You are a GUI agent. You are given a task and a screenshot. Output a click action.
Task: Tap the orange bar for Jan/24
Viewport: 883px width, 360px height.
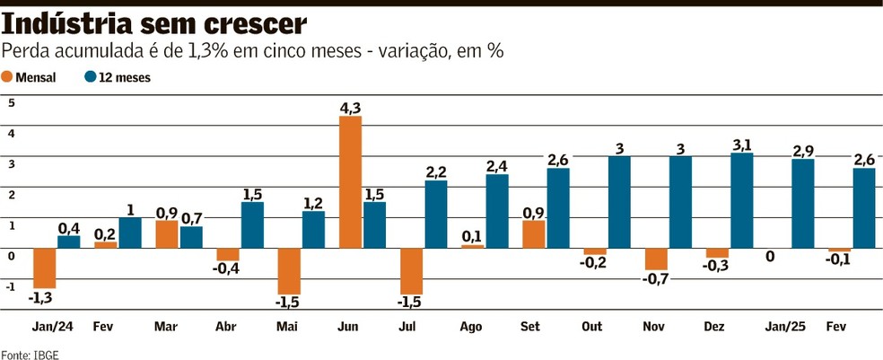coord(45,268)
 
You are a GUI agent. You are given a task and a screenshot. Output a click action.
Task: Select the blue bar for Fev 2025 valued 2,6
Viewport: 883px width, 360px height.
coord(863,207)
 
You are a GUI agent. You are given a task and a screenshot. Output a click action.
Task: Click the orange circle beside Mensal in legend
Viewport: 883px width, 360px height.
coord(8,77)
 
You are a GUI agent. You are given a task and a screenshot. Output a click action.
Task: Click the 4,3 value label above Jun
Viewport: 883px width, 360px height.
coord(350,108)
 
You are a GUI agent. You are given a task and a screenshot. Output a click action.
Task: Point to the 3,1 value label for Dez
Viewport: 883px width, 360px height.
coord(741,144)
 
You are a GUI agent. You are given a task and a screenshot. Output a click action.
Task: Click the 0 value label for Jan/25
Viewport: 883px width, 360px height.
coord(770,257)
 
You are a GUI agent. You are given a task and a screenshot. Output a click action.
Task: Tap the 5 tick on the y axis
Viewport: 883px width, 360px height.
coord(12,102)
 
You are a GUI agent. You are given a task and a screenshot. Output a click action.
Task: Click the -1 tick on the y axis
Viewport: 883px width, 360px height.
coord(10,287)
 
